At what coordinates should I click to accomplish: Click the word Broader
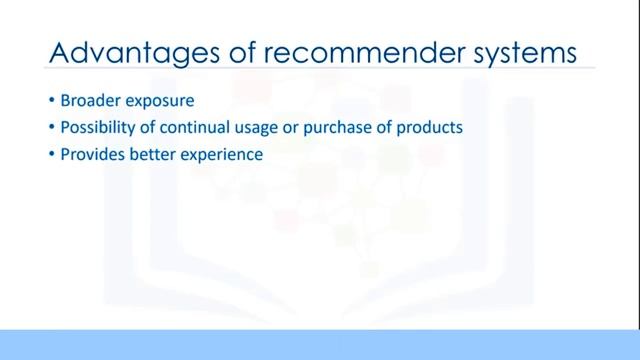point(90,101)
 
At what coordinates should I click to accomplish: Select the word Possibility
point(98,129)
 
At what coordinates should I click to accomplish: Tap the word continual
point(193,128)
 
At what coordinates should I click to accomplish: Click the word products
point(428,129)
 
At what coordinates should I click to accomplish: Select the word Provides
point(92,155)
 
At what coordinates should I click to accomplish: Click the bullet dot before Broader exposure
point(51,102)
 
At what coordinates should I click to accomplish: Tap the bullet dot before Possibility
point(51,129)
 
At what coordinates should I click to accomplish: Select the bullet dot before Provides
point(51,156)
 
